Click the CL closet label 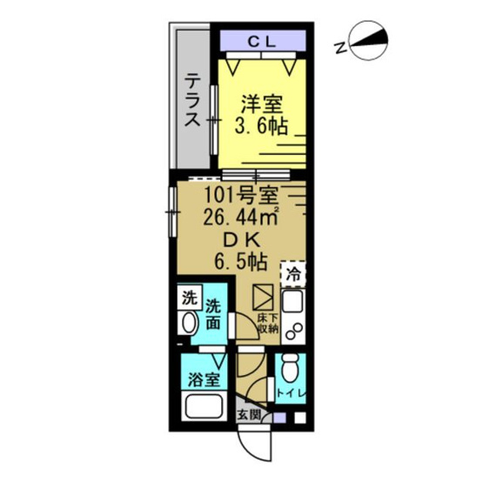262,40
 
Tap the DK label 240,237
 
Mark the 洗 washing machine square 188,297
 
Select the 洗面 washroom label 215,314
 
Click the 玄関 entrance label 249,414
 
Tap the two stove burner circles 294,334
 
